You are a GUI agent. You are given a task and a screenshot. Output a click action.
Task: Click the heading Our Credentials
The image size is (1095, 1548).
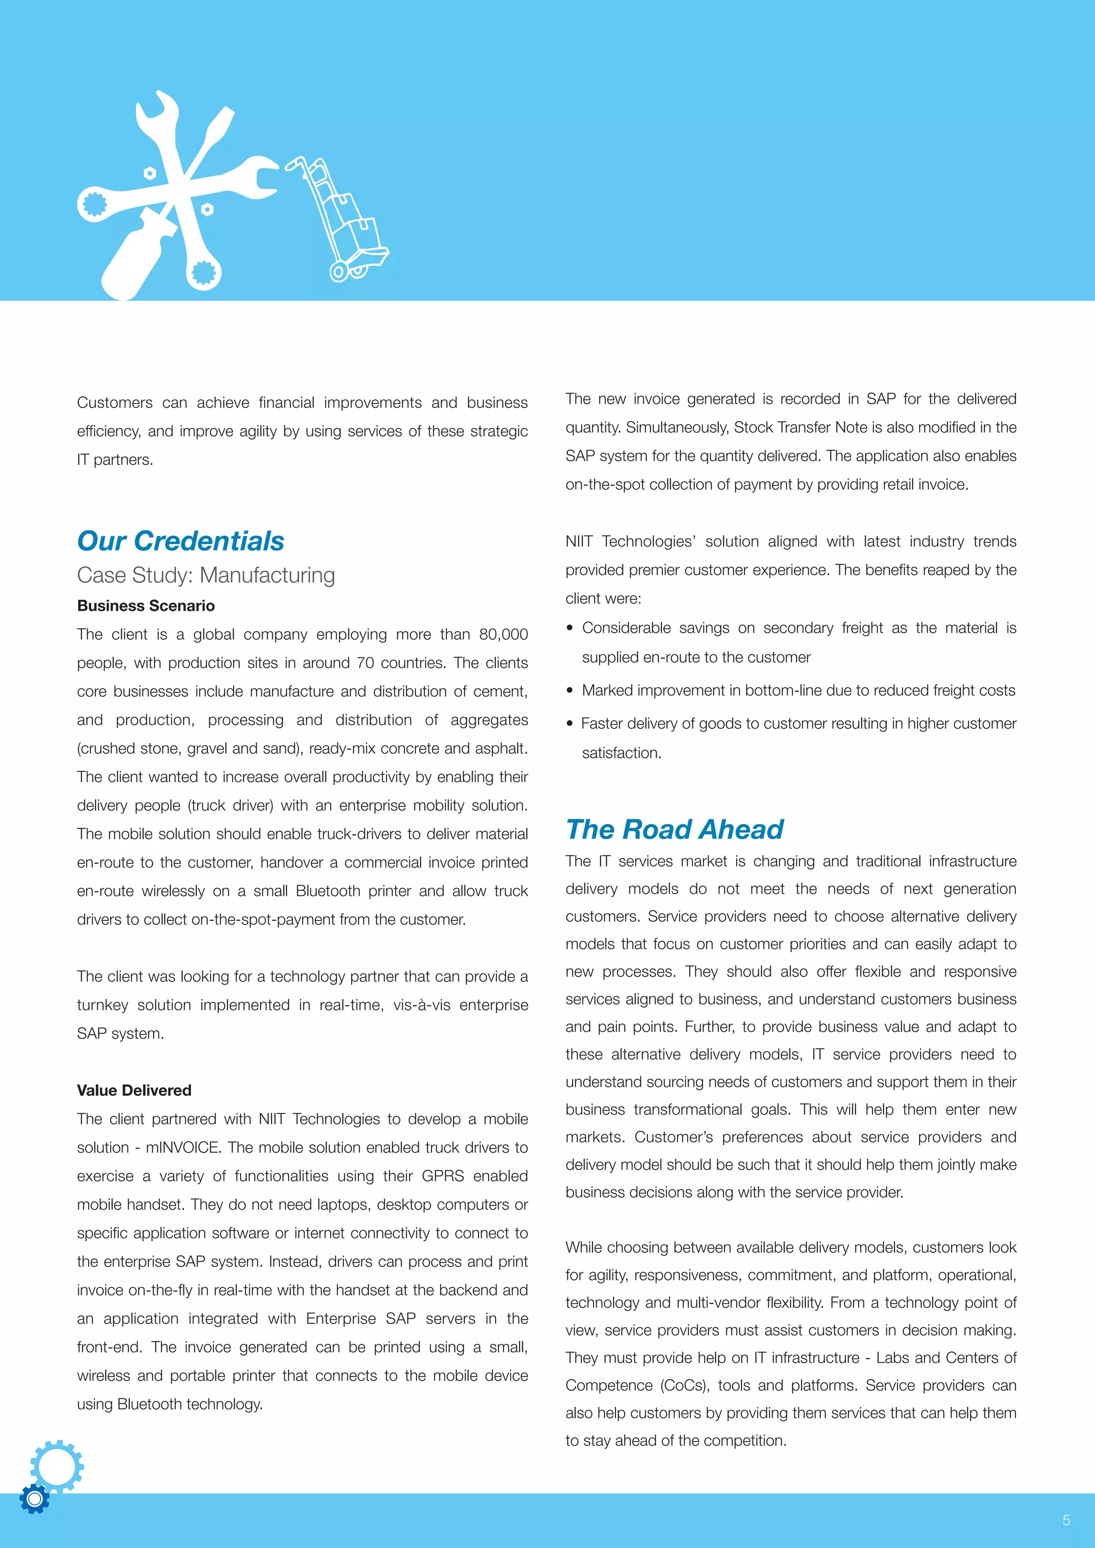[180, 541]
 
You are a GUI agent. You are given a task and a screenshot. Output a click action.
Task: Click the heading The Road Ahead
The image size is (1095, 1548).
[674, 829]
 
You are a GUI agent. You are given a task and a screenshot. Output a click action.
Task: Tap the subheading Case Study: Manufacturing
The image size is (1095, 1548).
[206, 575]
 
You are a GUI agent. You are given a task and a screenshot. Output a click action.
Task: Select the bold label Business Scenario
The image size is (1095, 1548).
[145, 606]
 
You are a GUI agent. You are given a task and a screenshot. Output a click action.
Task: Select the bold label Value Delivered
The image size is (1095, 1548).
[134, 1090]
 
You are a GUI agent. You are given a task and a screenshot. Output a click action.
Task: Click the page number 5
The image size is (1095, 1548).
[1066, 1520]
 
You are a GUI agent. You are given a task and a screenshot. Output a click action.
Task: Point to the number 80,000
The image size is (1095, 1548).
[503, 634]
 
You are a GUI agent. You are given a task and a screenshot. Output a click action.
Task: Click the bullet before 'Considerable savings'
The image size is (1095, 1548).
[570, 628]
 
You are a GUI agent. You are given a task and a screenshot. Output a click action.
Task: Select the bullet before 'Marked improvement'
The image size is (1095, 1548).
[570, 691]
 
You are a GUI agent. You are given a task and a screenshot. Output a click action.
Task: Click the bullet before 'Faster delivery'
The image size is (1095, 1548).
[570, 723]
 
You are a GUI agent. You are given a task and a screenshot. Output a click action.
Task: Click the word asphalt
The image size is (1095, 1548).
[503, 748]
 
